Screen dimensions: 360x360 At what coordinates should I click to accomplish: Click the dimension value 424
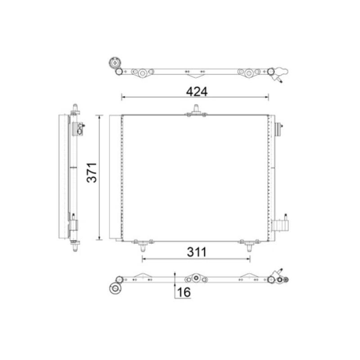click(x=197, y=92)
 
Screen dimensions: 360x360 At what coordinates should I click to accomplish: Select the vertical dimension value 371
click(x=92, y=172)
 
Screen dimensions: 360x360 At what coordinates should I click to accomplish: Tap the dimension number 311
click(x=197, y=252)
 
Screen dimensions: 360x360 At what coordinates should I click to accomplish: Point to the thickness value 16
click(x=184, y=292)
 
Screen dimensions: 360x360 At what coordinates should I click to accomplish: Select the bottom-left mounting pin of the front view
click(x=143, y=248)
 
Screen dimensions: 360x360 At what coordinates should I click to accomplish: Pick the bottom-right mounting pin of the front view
click(x=249, y=248)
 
